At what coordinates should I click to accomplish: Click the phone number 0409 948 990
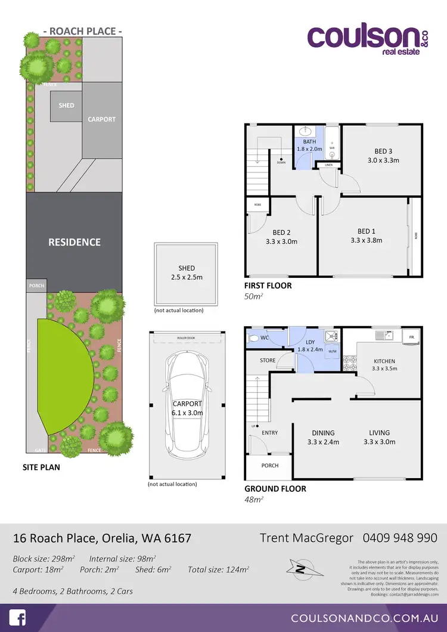[400, 537]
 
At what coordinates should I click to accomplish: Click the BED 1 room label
[366, 231]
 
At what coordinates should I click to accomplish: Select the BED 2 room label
[281, 233]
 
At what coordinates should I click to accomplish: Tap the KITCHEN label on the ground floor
[384, 361]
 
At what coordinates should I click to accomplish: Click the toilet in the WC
[254, 338]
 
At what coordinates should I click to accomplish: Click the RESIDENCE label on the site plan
[74, 242]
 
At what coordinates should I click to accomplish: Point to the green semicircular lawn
[63, 376]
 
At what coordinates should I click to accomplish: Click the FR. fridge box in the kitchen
[411, 337]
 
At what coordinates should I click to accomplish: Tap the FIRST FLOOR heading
[268, 286]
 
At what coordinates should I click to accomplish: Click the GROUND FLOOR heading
[275, 488]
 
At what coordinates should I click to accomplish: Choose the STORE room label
[268, 360]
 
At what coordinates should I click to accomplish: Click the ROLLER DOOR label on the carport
[187, 338]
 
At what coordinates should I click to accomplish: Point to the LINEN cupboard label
[328, 165]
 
